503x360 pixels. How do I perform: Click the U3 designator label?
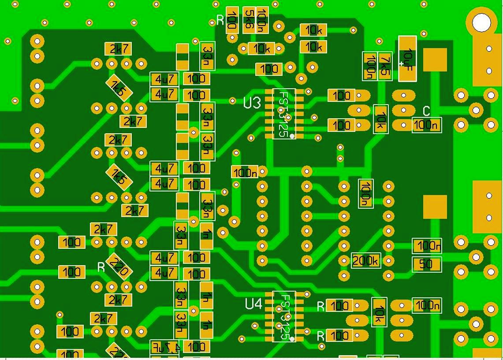click(x=252, y=103)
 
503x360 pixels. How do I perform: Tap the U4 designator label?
click(x=253, y=304)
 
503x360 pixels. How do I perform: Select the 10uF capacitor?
click(x=407, y=59)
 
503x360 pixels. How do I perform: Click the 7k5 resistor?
click(x=385, y=66)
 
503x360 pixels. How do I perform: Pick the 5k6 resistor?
click(x=248, y=20)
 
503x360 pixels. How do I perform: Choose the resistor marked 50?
click(x=426, y=264)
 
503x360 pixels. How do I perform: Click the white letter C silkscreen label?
click(x=426, y=111)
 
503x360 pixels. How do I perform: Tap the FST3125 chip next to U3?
click(x=284, y=114)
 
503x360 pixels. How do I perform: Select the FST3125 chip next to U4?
click(x=284, y=316)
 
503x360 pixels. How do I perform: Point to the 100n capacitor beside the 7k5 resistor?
click(x=370, y=66)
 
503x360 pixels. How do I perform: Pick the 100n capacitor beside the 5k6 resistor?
click(x=262, y=20)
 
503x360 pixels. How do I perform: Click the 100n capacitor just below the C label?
click(x=426, y=125)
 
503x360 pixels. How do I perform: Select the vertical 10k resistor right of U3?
click(x=380, y=119)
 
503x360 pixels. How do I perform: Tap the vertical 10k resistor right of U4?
click(x=379, y=312)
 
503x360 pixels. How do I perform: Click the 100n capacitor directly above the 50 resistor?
click(x=427, y=246)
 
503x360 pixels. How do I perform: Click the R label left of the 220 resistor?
click(x=101, y=267)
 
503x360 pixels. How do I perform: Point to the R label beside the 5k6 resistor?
click(x=220, y=20)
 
